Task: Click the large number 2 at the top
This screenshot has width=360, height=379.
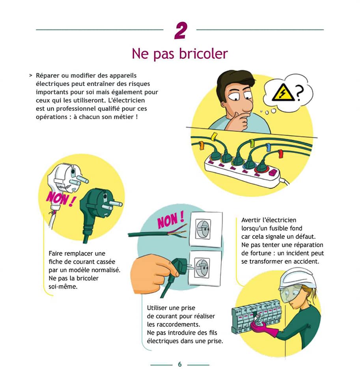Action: click(181, 30)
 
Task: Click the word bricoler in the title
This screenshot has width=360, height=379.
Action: click(203, 54)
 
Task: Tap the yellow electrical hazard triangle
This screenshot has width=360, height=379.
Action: click(283, 92)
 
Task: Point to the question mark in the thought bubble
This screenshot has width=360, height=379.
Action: click(299, 93)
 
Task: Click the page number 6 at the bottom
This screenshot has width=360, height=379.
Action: click(180, 364)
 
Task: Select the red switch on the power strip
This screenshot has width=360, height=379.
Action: click(273, 173)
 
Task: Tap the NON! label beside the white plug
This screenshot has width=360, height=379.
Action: click(60, 199)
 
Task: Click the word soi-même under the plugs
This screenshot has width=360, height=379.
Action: click(63, 287)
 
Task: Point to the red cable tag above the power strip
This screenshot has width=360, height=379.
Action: click(280, 154)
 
